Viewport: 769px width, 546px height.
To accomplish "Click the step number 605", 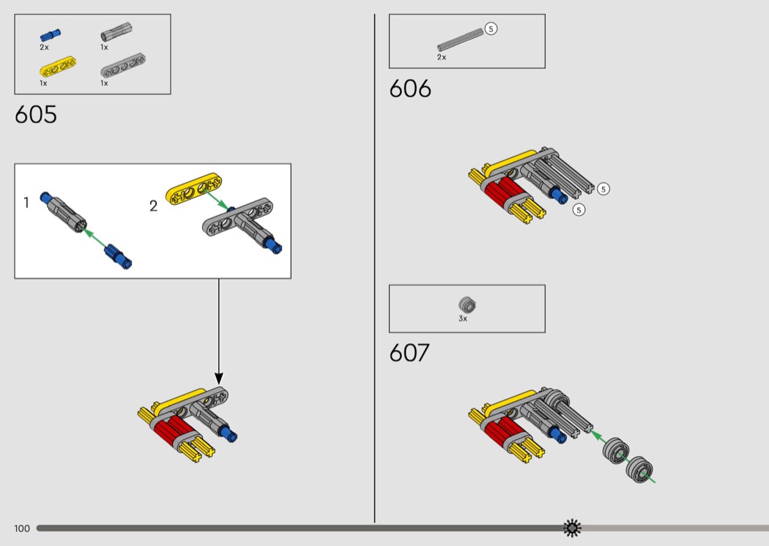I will click(35, 115).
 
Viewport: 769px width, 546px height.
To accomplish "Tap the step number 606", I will click(410, 89).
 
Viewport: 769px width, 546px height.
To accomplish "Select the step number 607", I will click(409, 353).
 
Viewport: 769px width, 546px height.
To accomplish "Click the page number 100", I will click(22, 528).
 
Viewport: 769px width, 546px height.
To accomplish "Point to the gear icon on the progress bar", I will click(572, 528).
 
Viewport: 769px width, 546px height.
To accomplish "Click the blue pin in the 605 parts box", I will click(50, 34).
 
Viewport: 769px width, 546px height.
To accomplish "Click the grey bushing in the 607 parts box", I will click(467, 304).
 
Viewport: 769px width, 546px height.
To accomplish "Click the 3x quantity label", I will click(463, 319).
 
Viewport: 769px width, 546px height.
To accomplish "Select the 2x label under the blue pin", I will click(44, 47).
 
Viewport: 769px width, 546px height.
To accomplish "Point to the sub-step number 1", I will click(26, 203).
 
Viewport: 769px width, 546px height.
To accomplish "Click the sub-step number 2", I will click(153, 206).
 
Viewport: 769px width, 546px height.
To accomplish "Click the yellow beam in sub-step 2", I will click(194, 188).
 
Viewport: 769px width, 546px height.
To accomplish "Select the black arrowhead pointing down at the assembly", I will click(218, 376).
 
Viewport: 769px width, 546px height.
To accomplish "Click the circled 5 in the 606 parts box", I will click(491, 29).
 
